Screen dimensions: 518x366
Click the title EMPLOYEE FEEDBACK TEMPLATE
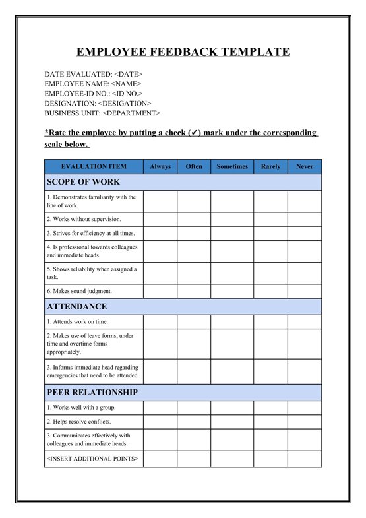pos(183,52)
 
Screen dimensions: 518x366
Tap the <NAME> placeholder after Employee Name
pos(126,84)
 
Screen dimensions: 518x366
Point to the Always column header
pos(160,167)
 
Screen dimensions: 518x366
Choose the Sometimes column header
pos(232,167)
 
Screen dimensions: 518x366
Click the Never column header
pos(305,167)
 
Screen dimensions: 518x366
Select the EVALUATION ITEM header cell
pos(94,167)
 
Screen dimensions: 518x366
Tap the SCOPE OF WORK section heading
pos(83,182)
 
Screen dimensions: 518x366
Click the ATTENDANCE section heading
pos(76,307)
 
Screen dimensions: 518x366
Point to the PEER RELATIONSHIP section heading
pos(92,392)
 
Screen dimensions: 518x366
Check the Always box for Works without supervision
pos(160,219)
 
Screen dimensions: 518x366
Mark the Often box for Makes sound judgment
pos(194,291)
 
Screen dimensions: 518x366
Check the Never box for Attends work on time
pos(305,322)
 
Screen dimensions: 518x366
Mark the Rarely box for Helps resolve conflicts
pos(270,422)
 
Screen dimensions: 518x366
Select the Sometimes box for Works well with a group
pos(232,408)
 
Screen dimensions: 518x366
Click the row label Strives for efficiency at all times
pos(90,233)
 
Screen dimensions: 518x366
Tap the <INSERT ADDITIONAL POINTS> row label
pos(92,459)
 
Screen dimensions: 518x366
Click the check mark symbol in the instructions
pos(194,133)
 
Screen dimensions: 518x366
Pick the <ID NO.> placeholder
pos(127,94)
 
